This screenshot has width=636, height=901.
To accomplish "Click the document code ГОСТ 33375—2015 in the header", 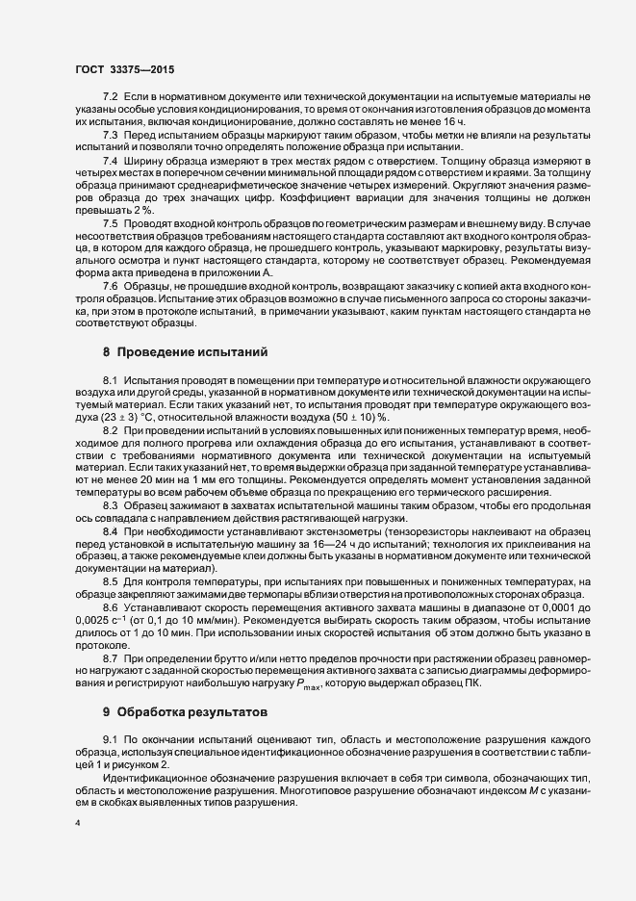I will click(125, 70).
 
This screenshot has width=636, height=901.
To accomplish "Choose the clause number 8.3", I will click(110, 504).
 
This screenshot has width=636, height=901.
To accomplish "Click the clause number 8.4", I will click(110, 530).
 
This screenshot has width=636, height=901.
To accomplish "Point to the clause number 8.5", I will click(110, 581).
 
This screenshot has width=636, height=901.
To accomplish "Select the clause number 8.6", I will click(110, 607).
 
